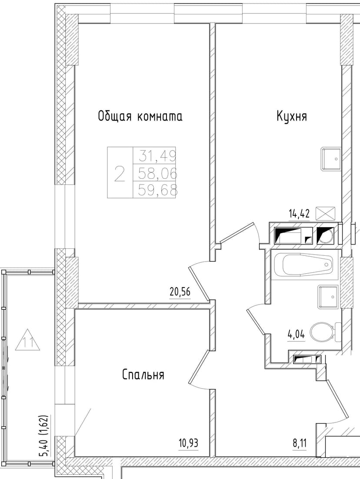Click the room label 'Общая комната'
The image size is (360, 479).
(140, 117)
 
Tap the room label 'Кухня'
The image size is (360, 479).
(291, 117)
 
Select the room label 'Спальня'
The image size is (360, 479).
(143, 375)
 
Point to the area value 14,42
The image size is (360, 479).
(300, 214)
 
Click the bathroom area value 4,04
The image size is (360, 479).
(296, 335)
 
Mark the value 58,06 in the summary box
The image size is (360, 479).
(157, 174)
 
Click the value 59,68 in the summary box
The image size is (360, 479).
(157, 191)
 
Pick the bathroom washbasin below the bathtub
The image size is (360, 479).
(328, 296)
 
